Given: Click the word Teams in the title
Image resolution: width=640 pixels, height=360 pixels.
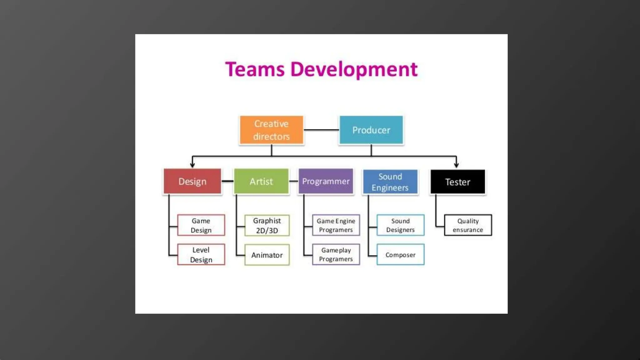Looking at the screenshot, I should pos(255,69).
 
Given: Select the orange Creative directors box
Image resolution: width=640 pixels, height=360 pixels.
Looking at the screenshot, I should pos(271,130).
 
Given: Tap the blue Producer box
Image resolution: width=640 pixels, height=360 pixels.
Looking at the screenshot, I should pos(371,130).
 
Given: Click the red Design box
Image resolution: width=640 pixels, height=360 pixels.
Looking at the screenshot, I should pos(192,181).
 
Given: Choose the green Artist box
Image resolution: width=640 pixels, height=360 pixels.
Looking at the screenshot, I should pos(261,181).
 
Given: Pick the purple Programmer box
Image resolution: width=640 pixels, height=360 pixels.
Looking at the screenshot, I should pos(326,181).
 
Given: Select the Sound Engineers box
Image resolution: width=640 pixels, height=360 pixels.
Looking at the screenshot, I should pos(390,182).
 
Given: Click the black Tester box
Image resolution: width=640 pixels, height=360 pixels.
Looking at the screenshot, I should pos(457,182).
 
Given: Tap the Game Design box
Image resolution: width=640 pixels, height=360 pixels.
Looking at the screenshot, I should pos(201,225).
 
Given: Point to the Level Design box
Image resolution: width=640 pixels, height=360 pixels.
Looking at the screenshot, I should pos(201,255).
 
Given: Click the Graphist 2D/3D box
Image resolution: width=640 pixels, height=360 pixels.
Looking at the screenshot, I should pos(267,225).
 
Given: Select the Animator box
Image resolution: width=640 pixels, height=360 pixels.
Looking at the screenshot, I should pos(267,255).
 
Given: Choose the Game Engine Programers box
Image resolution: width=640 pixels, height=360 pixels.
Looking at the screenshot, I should pos(336,225).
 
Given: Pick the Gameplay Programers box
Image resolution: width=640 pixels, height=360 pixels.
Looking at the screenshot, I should pos(336,255).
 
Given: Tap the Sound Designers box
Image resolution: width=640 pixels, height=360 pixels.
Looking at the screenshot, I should pos(400,225).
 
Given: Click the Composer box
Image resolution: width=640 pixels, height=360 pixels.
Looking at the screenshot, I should pos(400,255).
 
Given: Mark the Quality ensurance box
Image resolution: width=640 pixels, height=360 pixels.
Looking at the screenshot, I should pos(468,225).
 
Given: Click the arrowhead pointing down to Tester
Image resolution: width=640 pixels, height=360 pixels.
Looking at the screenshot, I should pos(456,164).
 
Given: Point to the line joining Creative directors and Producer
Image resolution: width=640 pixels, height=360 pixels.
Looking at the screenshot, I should pos(321,130).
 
